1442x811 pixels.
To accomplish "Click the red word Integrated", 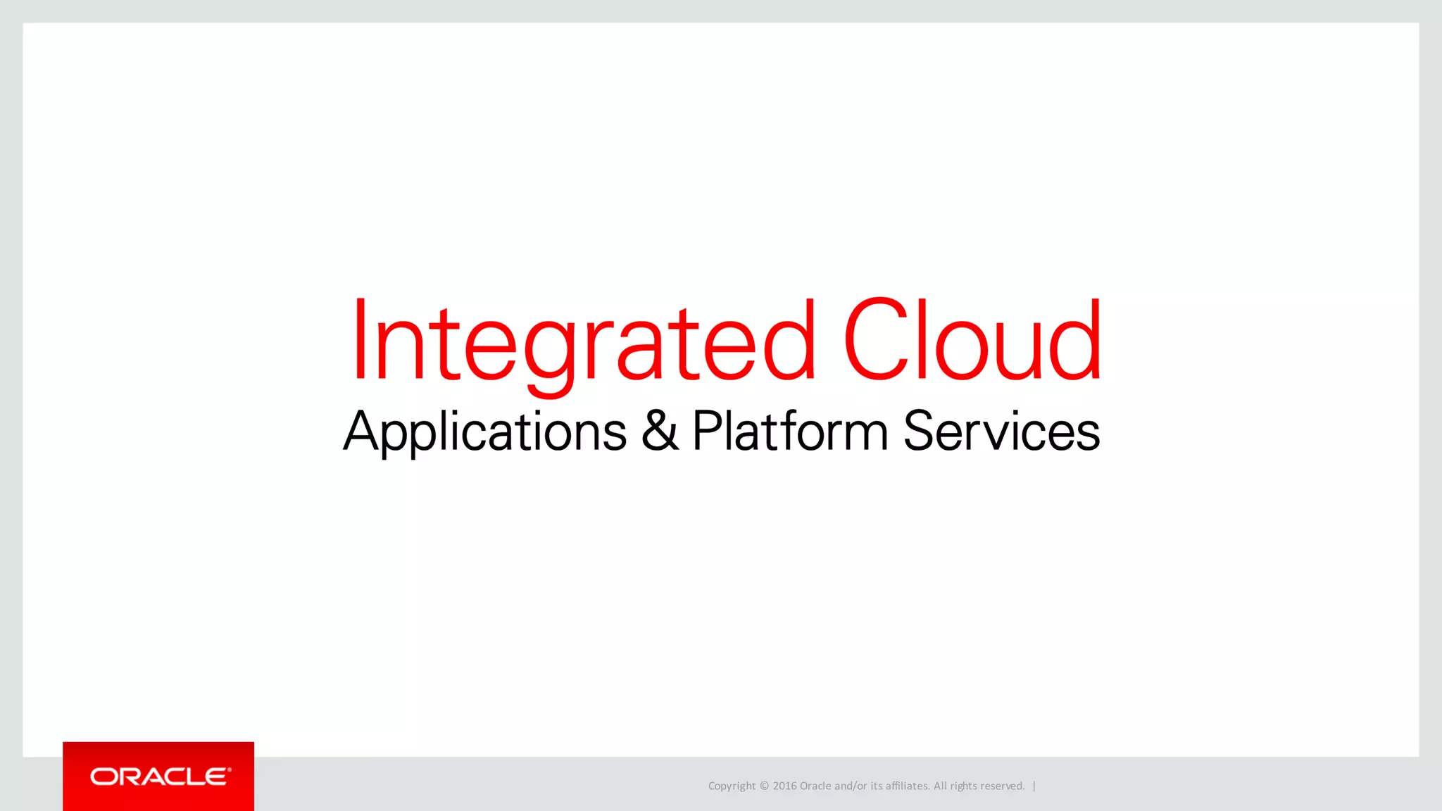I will pos(583,341).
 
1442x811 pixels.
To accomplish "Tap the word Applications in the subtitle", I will pos(484,431).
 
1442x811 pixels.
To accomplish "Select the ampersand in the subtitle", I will pos(660,430).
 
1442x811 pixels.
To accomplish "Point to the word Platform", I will pos(790,430).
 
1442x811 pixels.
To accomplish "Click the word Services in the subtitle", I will pos(1001,430).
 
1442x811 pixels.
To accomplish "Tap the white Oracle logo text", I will pos(159,777).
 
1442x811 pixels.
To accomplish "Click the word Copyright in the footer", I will pos(732,786).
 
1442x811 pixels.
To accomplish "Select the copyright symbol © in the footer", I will pos(764,786).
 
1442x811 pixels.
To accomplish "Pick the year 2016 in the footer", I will pos(784,786).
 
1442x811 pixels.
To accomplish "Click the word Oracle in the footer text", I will pos(815,786).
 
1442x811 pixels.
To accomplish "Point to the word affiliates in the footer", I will pos(907,786).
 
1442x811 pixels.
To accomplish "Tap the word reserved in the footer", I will pos(1002,786).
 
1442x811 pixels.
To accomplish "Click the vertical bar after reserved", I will pos(1034,786).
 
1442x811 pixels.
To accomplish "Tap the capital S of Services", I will pos(917,430).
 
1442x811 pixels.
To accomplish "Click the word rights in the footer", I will pos(963,786).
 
